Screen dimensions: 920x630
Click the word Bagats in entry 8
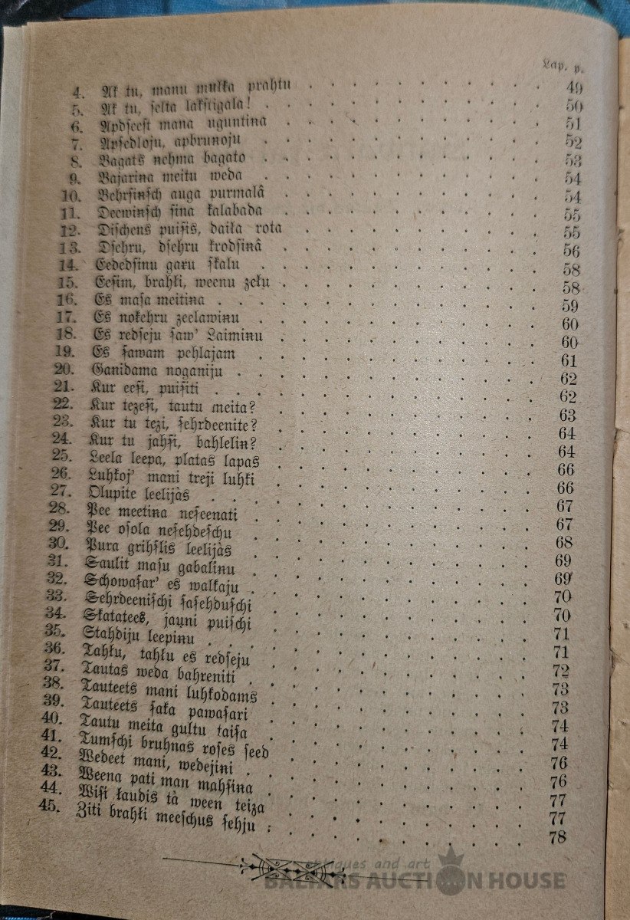tap(123, 160)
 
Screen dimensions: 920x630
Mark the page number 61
tap(569, 361)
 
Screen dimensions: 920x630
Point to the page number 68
tap(566, 542)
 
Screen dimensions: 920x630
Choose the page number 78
tap(559, 837)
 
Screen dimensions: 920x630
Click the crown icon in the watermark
tap(451, 862)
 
